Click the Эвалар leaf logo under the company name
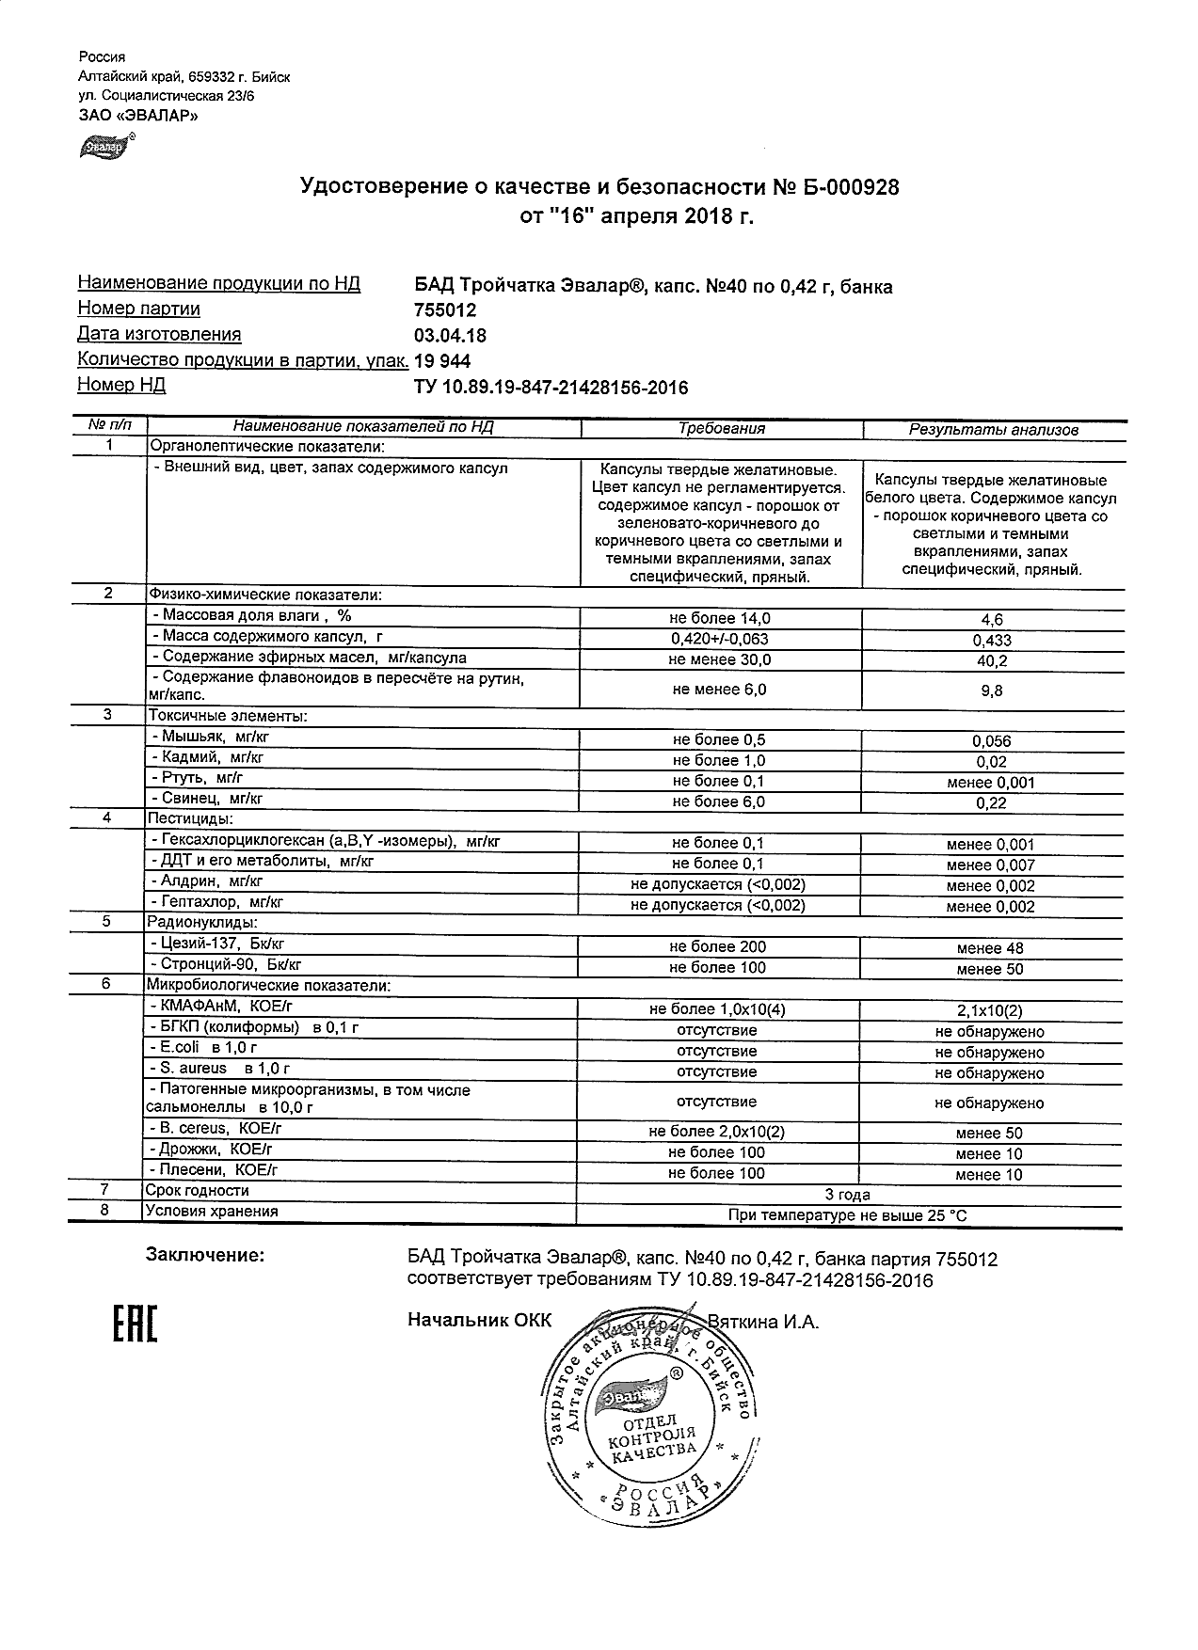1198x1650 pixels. (105, 147)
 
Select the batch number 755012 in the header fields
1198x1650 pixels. (445, 310)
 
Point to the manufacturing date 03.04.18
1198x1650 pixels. (450, 336)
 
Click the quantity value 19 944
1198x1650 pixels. (442, 361)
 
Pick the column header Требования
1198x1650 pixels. (721, 429)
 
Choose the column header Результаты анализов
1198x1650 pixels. (992, 430)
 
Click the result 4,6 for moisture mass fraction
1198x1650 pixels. (991, 620)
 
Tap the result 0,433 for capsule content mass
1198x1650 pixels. (991, 641)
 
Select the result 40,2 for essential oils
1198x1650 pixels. (991, 661)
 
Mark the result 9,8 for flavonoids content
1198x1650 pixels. (991, 690)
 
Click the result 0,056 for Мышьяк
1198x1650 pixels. (991, 741)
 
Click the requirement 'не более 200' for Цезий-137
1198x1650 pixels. (717, 947)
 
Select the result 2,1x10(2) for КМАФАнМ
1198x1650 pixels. (990, 1011)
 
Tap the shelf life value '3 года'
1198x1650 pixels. (847, 1195)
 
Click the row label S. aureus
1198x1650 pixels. (218, 1069)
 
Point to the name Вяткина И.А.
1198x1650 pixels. (763, 1322)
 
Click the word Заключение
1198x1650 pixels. (204, 1255)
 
